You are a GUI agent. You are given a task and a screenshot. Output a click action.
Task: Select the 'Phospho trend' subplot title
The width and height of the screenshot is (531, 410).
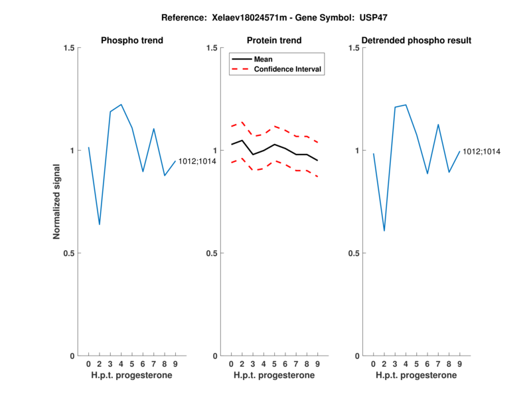pyautogui.click(x=132, y=40)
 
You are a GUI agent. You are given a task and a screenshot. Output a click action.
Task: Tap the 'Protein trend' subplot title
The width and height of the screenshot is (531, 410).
pyautogui.click(x=274, y=40)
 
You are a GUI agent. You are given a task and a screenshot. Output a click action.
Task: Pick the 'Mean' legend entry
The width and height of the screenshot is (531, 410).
pyautogui.click(x=264, y=59)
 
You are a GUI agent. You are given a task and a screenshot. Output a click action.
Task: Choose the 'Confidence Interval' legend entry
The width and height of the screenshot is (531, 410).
pyautogui.click(x=288, y=69)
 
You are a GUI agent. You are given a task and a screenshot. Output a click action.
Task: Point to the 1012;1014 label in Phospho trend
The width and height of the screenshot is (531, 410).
pyautogui.click(x=197, y=161)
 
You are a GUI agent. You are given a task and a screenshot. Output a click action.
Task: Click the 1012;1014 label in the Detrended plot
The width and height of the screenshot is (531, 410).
pyautogui.click(x=481, y=151)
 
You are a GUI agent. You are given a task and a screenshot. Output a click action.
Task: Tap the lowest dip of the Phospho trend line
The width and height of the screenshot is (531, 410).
pyautogui.click(x=100, y=224)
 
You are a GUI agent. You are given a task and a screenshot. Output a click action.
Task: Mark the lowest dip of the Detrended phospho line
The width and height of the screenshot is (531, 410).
pyautogui.click(x=384, y=230)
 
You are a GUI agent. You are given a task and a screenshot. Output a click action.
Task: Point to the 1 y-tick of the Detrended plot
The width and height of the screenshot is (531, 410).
pyautogui.click(x=357, y=151)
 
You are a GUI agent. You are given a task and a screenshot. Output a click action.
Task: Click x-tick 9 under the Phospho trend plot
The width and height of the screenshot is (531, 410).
pyautogui.click(x=175, y=364)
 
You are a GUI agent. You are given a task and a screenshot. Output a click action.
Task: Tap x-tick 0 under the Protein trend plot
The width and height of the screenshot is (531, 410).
pyautogui.click(x=231, y=364)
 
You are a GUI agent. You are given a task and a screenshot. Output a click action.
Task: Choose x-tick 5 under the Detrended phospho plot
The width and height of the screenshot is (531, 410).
pyautogui.click(x=417, y=364)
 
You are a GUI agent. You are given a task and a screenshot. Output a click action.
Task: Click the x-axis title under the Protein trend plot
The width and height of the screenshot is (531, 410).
pyautogui.click(x=274, y=376)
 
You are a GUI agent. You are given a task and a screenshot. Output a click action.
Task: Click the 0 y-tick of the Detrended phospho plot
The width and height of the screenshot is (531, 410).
pyautogui.click(x=357, y=356)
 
